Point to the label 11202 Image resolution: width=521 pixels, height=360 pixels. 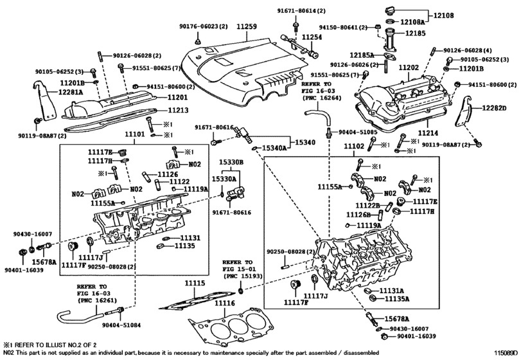click(409, 67)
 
